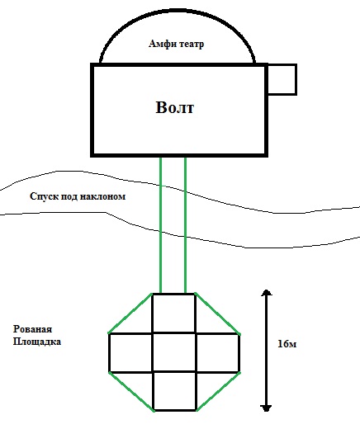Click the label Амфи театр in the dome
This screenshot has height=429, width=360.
pyautogui.click(x=177, y=44)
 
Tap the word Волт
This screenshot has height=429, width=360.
pyautogui.click(x=175, y=107)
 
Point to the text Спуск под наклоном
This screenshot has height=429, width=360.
pyautogui.click(x=78, y=196)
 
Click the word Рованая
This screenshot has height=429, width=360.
pyautogui.click(x=32, y=329)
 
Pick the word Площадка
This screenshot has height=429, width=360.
pyautogui.click(x=37, y=342)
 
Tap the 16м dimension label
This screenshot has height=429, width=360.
pyautogui.click(x=287, y=344)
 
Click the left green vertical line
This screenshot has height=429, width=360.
pyautogui.click(x=161, y=225)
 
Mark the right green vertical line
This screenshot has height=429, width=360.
pyautogui.click(x=185, y=225)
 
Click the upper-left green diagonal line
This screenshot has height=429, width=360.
pyautogui.click(x=130, y=313)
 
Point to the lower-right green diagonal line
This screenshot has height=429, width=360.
pyautogui.click(x=218, y=392)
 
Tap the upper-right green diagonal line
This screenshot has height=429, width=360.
pyautogui.click(x=217, y=313)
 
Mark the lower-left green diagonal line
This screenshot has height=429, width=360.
pyautogui.click(x=131, y=392)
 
